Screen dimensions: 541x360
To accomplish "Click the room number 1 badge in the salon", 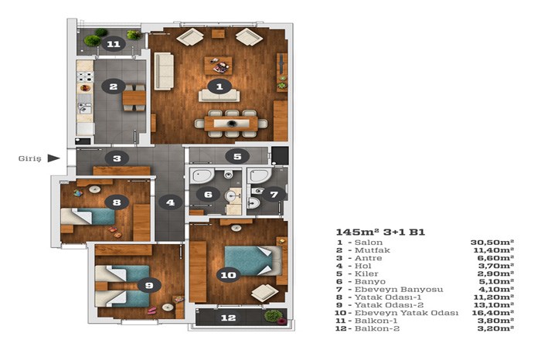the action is coord(219,87).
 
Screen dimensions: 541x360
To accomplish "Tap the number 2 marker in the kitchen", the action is coord(113,87).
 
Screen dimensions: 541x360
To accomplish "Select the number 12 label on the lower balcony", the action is coord(229,318).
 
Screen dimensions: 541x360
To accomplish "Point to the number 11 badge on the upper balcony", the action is coord(114,44).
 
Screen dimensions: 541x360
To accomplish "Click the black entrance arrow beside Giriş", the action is coord(53,158).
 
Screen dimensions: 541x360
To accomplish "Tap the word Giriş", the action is coord(29,158).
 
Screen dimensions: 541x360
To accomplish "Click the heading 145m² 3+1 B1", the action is coord(380,232).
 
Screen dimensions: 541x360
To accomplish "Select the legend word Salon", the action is coord(369,243).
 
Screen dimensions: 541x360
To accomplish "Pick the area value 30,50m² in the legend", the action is coord(492,243).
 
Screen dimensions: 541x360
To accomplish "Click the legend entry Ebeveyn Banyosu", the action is coord(399,289).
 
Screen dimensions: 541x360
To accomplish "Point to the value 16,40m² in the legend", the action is coord(493,313).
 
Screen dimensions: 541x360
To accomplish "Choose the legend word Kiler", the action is coord(366,273).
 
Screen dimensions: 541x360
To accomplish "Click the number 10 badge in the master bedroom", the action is coord(229,275).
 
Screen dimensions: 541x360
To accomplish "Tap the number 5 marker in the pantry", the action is coord(237,157).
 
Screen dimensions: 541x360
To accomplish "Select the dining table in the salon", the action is coord(231,124).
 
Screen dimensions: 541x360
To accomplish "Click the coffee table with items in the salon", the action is coord(218,66).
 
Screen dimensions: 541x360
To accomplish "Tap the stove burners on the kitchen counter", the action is coord(85,76).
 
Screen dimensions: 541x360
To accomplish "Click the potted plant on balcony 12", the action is coord(274,316).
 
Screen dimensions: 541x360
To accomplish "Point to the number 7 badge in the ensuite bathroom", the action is coord(274,195).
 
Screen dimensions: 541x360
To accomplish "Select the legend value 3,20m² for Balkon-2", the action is coord(495,328).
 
